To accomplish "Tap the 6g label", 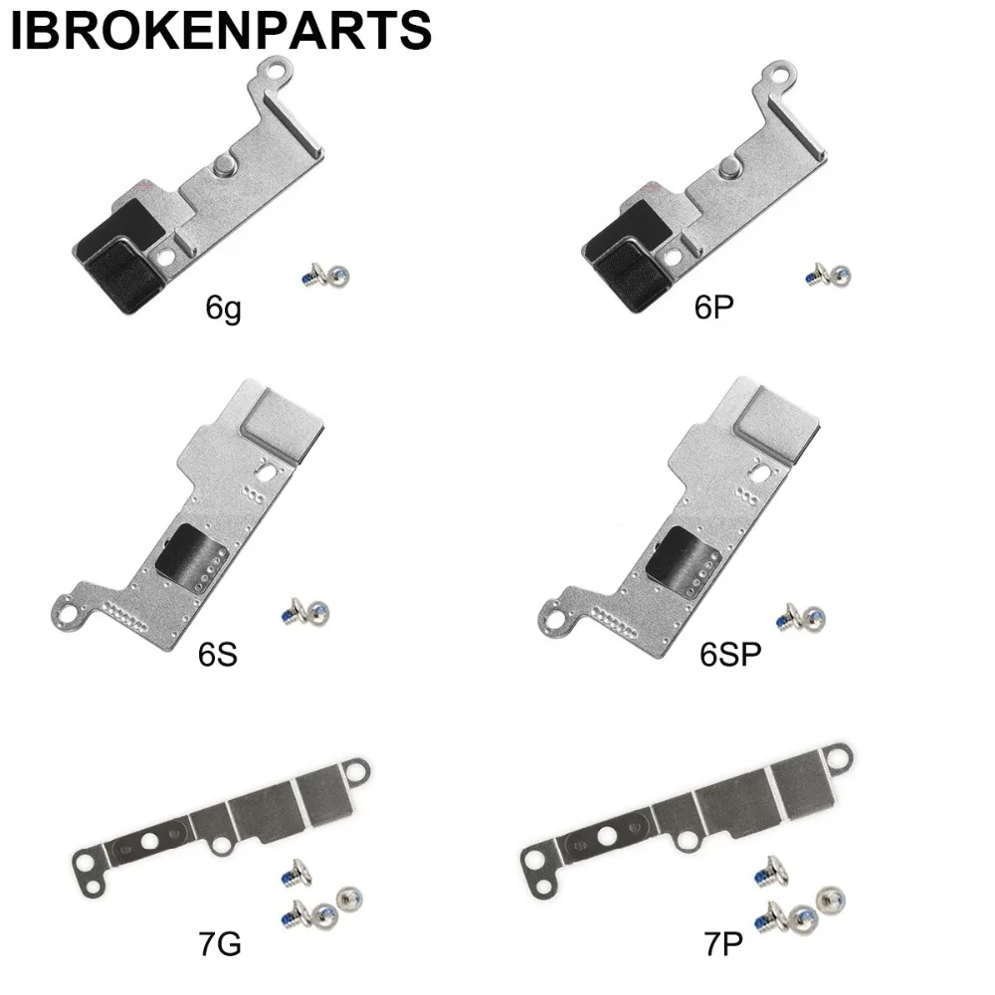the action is point(223,309).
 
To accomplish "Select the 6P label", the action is point(713,307).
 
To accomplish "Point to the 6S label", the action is point(218,655).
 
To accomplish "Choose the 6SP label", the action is point(730,655).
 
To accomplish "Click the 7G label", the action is point(220,944).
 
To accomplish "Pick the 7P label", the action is point(722,944).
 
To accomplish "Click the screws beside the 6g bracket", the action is point(325,276).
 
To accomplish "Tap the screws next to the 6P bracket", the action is point(828,276).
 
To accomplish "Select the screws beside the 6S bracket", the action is point(305,613).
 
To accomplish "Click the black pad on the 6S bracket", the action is point(191,558).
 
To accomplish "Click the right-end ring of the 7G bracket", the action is point(357,770).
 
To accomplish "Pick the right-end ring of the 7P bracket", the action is point(839,757).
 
